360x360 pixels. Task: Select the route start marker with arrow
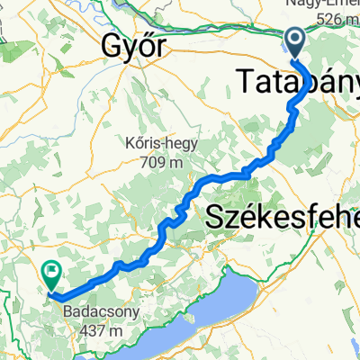tap(295, 40)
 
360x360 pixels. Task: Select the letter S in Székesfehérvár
tap(218, 216)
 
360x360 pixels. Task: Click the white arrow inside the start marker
tap(295, 38)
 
